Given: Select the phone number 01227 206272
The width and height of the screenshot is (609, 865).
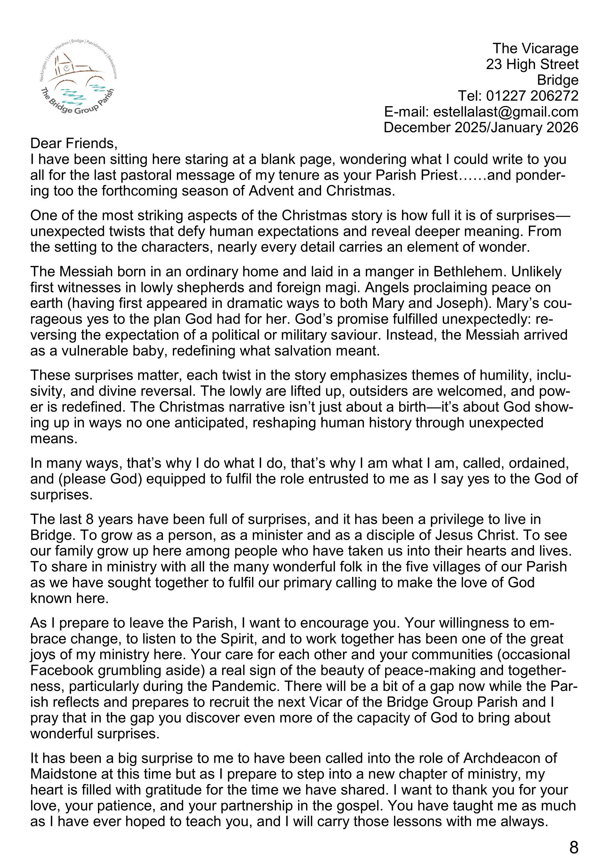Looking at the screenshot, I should (x=532, y=96).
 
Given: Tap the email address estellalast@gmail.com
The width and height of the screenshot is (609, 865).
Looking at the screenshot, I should (x=505, y=112).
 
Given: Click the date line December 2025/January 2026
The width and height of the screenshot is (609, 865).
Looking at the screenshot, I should (x=481, y=127).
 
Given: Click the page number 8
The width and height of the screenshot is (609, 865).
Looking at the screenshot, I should (x=573, y=847).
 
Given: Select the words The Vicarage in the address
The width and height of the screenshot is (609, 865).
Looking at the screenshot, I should (x=535, y=48).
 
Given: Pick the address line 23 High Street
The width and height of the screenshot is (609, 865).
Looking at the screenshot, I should (x=532, y=65).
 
